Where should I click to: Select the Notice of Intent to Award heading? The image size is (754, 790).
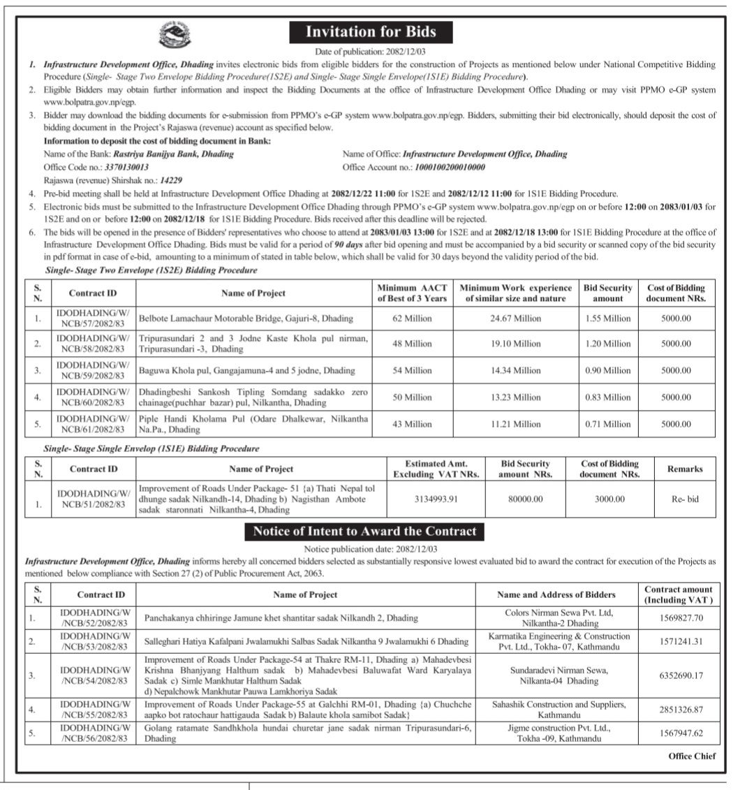coord(364,531)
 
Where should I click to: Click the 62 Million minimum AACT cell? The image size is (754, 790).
coord(412,318)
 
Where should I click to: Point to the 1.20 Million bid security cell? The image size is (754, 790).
coord(607,344)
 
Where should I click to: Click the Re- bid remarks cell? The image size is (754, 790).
coord(684,499)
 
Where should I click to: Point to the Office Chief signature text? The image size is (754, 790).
coord(692,756)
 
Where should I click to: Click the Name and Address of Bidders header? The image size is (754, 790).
coord(556,594)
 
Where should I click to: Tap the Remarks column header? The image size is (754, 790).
coord(684,469)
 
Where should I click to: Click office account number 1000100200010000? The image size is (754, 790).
coord(450,168)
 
